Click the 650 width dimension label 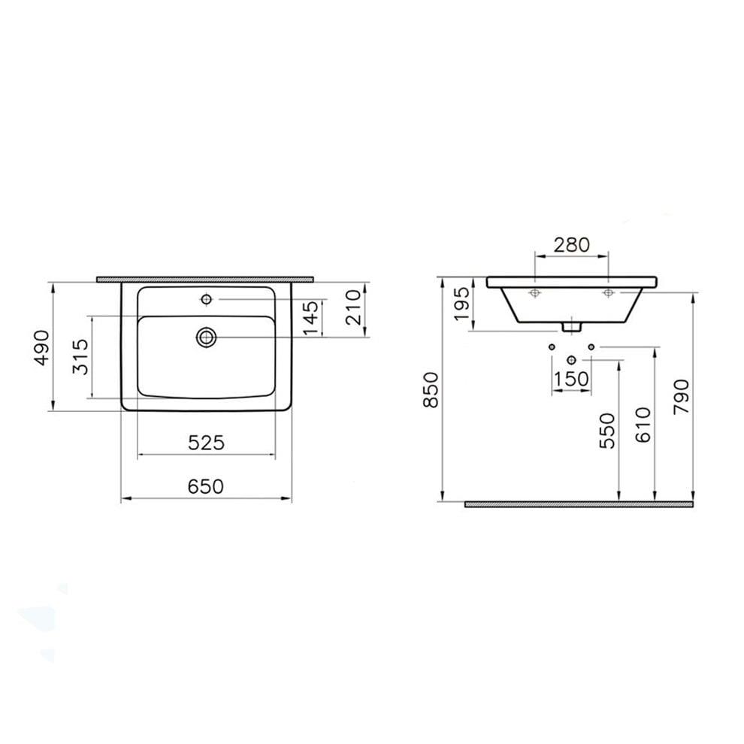pos(206,486)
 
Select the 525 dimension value pos(206,443)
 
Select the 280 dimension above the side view pos(571,244)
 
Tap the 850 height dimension pos(430,390)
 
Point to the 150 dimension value pos(571,380)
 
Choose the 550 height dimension pos(607,431)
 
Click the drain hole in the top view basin pos(206,337)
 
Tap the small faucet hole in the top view pos(206,300)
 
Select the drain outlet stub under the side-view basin pos(572,326)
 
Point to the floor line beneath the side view pos(578,504)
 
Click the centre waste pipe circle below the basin pos(572,358)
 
